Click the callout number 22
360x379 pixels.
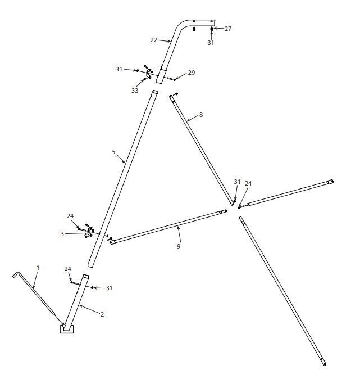coord(153,40)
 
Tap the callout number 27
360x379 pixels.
coord(228,29)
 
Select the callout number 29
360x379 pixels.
coord(192,73)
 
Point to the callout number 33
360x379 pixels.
coord(135,91)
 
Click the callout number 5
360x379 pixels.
coord(113,152)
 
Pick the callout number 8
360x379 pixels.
coord(201,115)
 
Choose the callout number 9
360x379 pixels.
coord(179,246)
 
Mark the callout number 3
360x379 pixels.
coord(62,234)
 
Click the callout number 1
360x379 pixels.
coord(38,268)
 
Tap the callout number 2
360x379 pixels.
coord(102,314)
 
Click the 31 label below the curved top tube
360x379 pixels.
coord(211,43)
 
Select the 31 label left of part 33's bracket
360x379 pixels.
coord(119,69)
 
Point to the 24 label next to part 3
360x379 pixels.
coord(70,216)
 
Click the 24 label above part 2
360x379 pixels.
coord(68,269)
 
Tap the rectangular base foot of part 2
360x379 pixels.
coord(67,329)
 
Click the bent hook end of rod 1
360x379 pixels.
coord(16,274)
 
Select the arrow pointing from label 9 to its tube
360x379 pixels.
coord(179,234)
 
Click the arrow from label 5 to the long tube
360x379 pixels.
coord(121,159)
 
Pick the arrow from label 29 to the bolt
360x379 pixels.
coord(181,76)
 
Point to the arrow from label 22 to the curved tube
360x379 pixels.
coord(165,41)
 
